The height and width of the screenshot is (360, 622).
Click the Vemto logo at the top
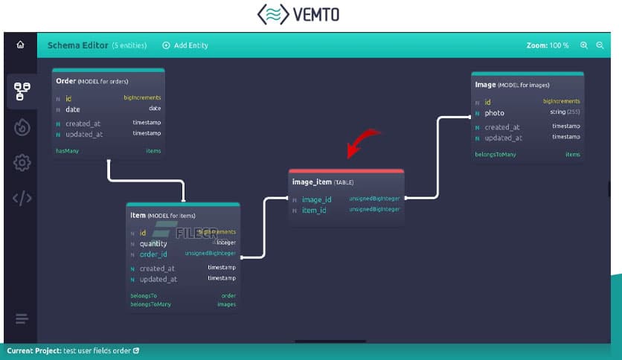[310, 15]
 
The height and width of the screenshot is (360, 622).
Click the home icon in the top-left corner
[20, 45]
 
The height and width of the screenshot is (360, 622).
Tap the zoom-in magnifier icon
[584, 45]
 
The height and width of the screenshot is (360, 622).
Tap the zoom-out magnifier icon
[600, 45]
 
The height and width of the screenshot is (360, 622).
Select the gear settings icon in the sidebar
[22, 163]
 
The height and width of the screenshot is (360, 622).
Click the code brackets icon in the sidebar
[22, 198]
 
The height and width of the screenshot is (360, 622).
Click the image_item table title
[312, 181]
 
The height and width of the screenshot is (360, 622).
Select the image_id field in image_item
[316, 199]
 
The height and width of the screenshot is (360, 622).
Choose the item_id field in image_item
[313, 210]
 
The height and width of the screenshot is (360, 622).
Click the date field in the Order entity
[72, 109]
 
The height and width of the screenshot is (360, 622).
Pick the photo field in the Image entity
[494, 113]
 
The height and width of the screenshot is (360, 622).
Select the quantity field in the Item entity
[153, 243]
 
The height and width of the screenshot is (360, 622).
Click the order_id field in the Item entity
[153, 254]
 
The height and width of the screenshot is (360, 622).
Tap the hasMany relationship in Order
[68, 151]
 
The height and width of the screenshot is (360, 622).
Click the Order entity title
[66, 80]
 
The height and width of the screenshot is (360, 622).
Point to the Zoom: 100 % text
[548, 45]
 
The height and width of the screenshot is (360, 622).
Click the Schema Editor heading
[77, 45]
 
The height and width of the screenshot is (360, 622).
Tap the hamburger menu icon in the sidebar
[22, 319]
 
